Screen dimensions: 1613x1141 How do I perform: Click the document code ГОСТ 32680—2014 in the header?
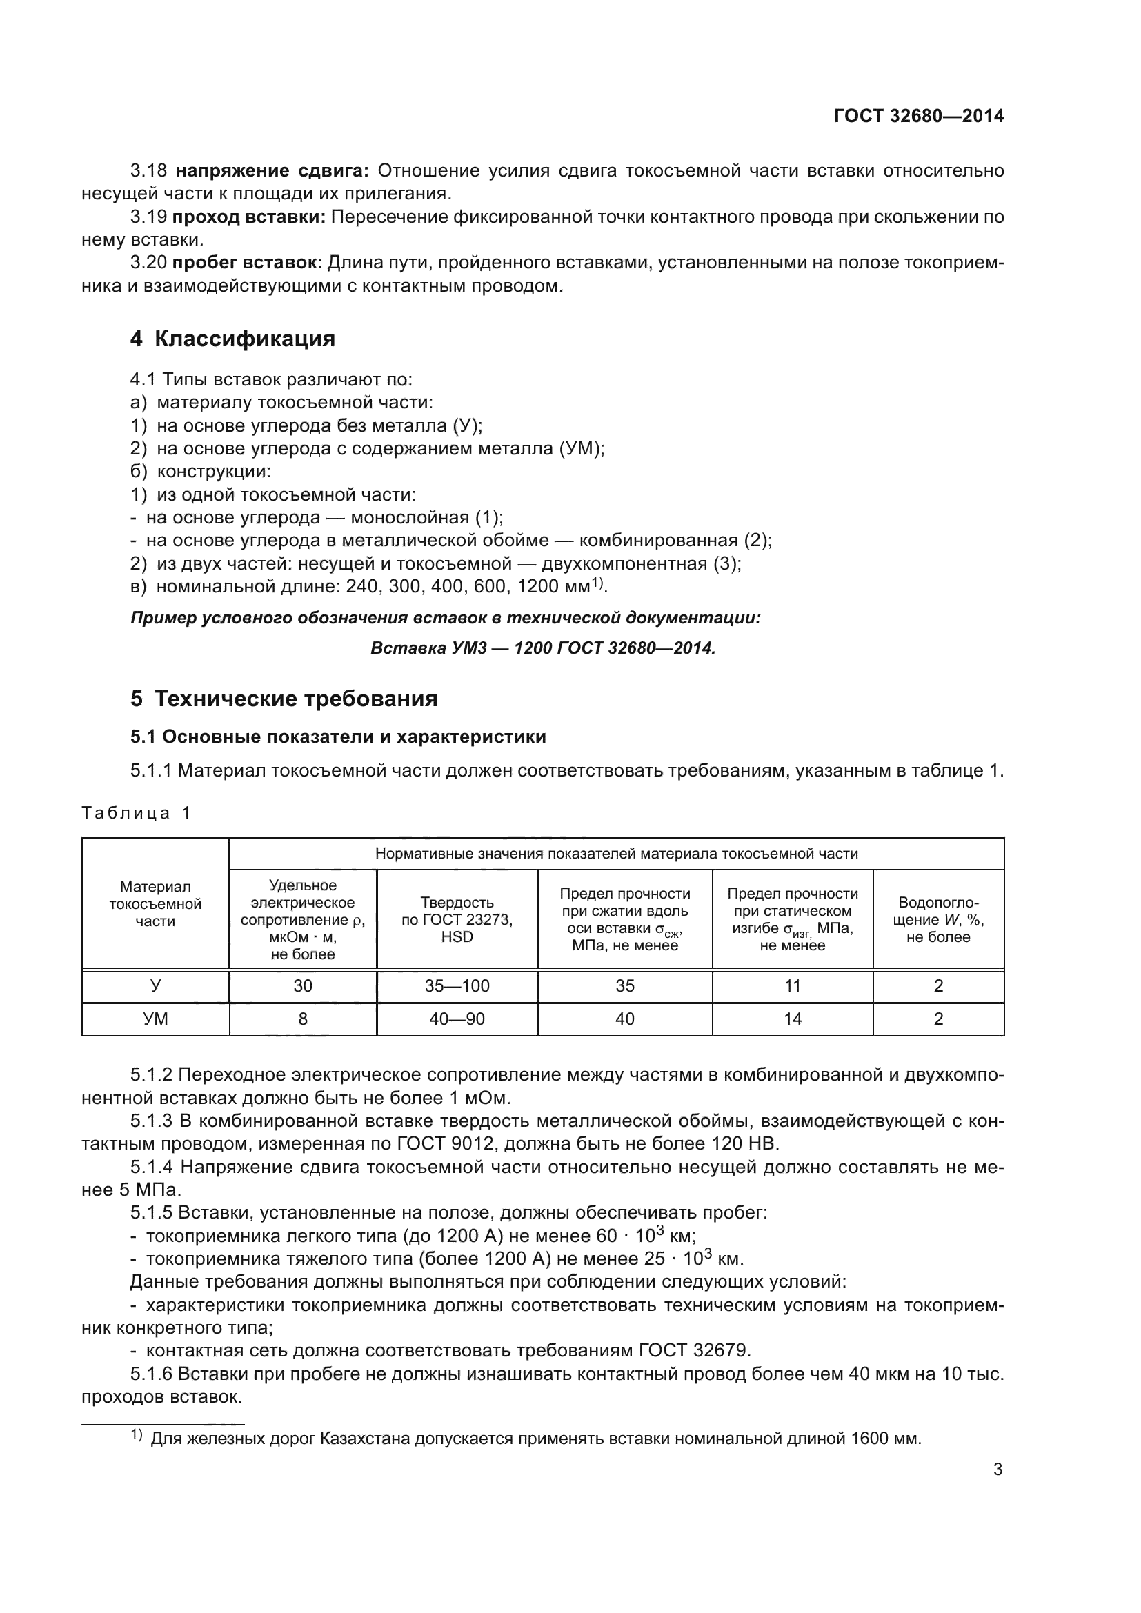pyautogui.click(x=918, y=116)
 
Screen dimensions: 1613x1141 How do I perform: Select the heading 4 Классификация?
pyautogui.click(x=232, y=339)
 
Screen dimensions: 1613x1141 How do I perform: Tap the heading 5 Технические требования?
pyautogui.click(x=284, y=699)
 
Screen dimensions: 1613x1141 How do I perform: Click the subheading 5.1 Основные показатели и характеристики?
pyautogui.click(x=338, y=737)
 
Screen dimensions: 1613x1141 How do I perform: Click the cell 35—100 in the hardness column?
pyautogui.click(x=457, y=985)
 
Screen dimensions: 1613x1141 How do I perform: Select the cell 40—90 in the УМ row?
pyautogui.click(x=457, y=1019)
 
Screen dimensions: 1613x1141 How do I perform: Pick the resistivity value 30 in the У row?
pyautogui.click(x=303, y=985)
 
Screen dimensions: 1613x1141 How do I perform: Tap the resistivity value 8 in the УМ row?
pyautogui.click(x=303, y=1019)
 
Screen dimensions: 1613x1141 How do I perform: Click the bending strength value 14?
pyautogui.click(x=793, y=1019)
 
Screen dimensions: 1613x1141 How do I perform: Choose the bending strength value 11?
pyautogui.click(x=793, y=985)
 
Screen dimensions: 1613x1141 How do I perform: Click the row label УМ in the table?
pyautogui.click(x=155, y=1019)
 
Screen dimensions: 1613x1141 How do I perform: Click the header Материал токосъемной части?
pyautogui.click(x=155, y=903)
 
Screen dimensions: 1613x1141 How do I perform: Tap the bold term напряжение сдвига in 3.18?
pyautogui.click(x=272, y=171)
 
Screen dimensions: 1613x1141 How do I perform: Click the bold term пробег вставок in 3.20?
pyautogui.click(x=248, y=263)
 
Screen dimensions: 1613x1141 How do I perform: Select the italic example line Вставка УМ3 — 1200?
pyautogui.click(x=542, y=648)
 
